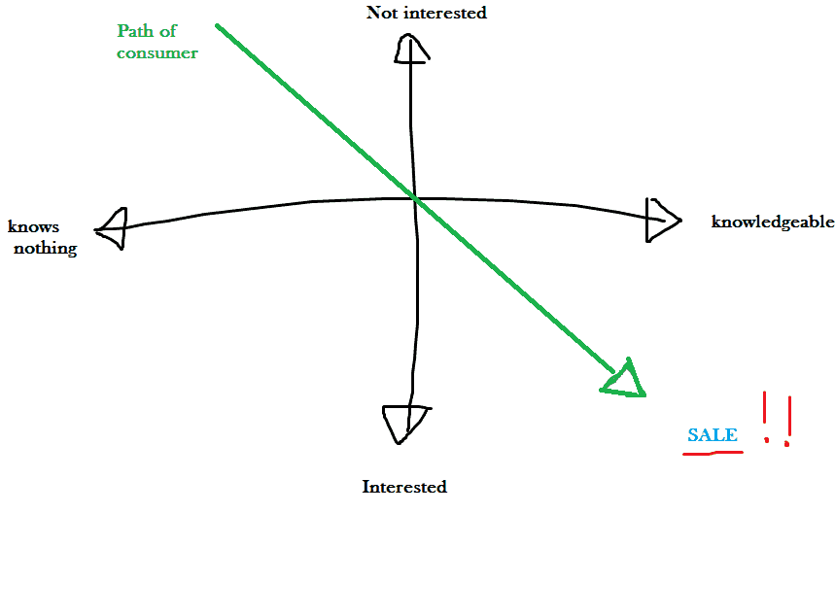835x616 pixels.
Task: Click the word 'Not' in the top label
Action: tap(382, 13)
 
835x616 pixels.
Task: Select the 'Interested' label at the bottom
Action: tap(404, 487)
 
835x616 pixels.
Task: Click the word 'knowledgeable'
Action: tap(773, 222)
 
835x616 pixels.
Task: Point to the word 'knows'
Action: tap(33, 227)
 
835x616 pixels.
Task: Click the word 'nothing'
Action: tap(45, 248)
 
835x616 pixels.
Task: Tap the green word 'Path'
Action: tap(134, 31)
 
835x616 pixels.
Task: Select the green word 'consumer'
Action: tap(157, 52)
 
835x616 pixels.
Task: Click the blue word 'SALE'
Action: tap(712, 435)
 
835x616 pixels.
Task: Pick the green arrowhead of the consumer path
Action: tap(625, 382)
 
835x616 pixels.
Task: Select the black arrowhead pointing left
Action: tap(112, 228)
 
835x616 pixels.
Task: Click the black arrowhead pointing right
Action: tap(661, 220)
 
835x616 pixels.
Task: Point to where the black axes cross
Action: tap(414, 198)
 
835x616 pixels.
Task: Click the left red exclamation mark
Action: tap(765, 418)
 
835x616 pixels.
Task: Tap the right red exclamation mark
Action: tap(787, 421)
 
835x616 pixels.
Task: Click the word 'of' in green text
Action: tap(169, 31)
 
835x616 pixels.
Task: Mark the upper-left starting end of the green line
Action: tap(218, 26)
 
